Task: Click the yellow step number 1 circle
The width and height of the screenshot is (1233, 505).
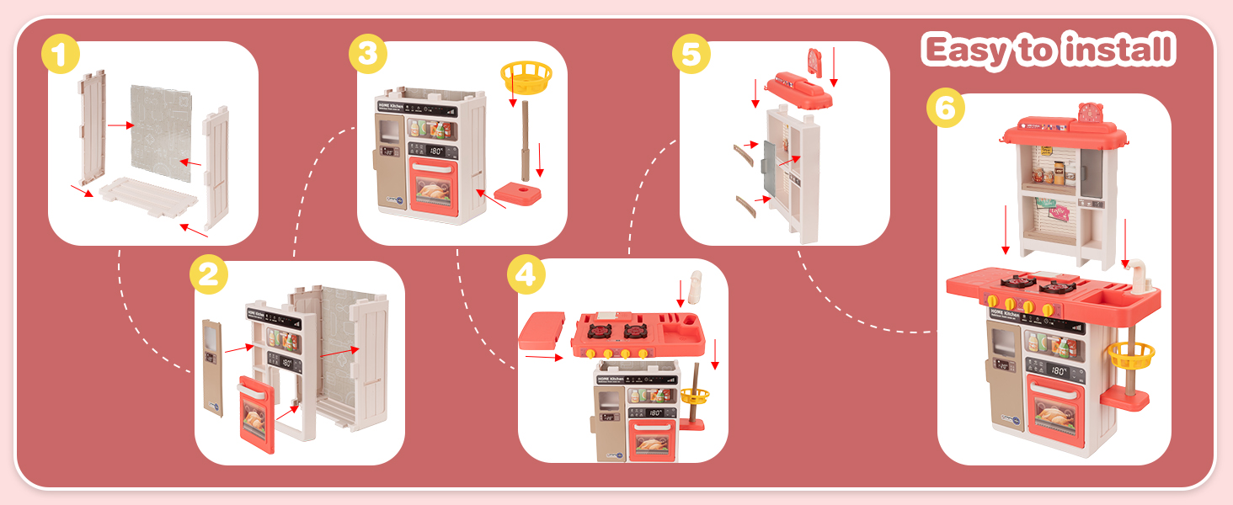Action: (x=61, y=58)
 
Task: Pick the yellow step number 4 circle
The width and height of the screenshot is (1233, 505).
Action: (x=526, y=276)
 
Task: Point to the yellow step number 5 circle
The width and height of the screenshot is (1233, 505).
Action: (x=691, y=56)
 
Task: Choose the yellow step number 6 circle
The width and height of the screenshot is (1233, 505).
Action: (x=945, y=109)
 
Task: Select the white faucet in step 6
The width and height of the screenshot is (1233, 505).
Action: (x=1137, y=274)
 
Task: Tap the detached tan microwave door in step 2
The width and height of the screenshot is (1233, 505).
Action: (x=213, y=366)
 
